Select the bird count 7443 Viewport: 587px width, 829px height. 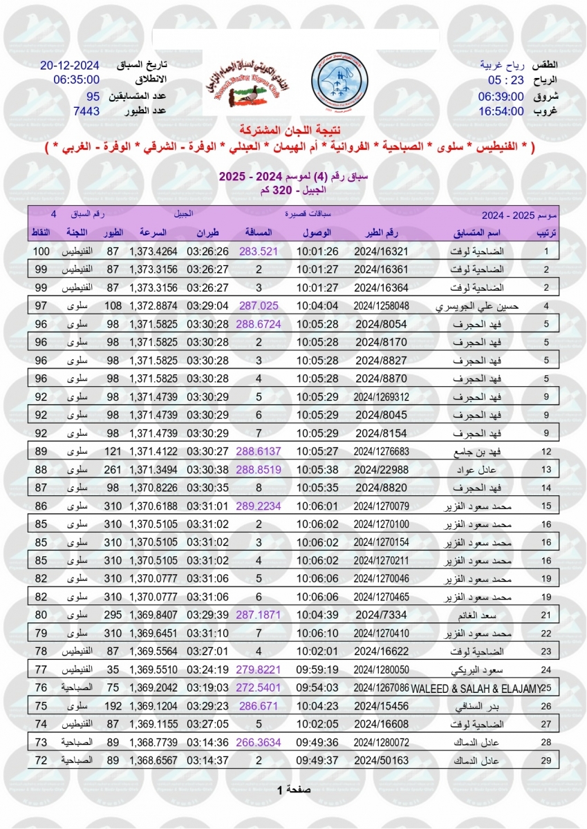[86, 111]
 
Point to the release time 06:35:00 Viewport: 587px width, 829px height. [76, 79]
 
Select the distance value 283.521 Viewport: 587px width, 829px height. [258, 251]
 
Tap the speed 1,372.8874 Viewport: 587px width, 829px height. [153, 305]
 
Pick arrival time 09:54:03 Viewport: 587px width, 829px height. [317, 688]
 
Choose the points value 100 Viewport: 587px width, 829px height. [41, 251]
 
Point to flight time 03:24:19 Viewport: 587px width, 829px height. [204, 670]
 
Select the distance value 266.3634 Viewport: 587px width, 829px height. [258, 742]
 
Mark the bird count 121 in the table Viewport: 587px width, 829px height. [112, 451]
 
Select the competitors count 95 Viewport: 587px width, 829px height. [93, 95]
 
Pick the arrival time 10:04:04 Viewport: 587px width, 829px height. [317, 305]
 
